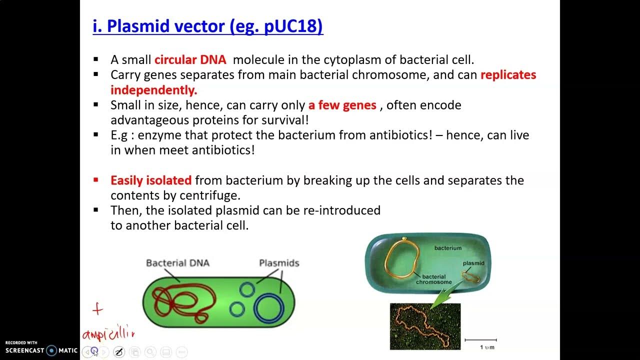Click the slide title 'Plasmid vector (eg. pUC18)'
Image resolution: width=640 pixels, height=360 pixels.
(x=208, y=26)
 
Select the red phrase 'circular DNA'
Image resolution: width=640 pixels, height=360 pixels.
(x=190, y=60)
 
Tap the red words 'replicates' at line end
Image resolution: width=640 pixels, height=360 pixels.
(x=508, y=75)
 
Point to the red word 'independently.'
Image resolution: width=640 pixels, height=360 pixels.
(x=154, y=90)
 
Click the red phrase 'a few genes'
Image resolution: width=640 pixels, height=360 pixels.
(x=342, y=105)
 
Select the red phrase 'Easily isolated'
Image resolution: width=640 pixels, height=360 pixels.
(x=151, y=180)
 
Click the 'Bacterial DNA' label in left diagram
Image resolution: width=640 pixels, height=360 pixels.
(x=177, y=263)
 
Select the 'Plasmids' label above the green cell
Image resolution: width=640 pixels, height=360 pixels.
(x=279, y=263)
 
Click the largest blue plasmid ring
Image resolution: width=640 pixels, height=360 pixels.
(x=268, y=306)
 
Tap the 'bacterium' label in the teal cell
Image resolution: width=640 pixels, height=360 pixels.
(x=448, y=248)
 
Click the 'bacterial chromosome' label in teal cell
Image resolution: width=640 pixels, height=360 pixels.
(x=436, y=279)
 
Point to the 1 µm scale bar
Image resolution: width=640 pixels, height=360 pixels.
(x=480, y=340)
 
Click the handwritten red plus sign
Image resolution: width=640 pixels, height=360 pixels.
(x=97, y=309)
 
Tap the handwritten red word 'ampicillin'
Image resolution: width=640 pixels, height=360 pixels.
(x=108, y=333)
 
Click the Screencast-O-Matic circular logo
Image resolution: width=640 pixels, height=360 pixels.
(x=51, y=350)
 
